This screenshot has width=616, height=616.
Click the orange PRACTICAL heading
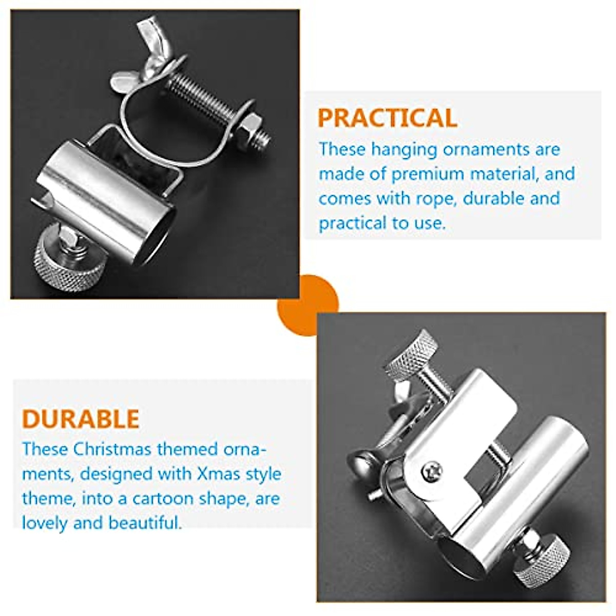pyautogui.click(x=387, y=118)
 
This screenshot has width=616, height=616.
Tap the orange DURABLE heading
pyautogui.click(x=81, y=419)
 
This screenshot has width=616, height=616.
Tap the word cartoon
pyautogui.click(x=164, y=498)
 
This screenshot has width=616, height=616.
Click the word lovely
pyautogui.click(x=45, y=523)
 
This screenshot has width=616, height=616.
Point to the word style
pyautogui.click(x=264, y=473)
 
